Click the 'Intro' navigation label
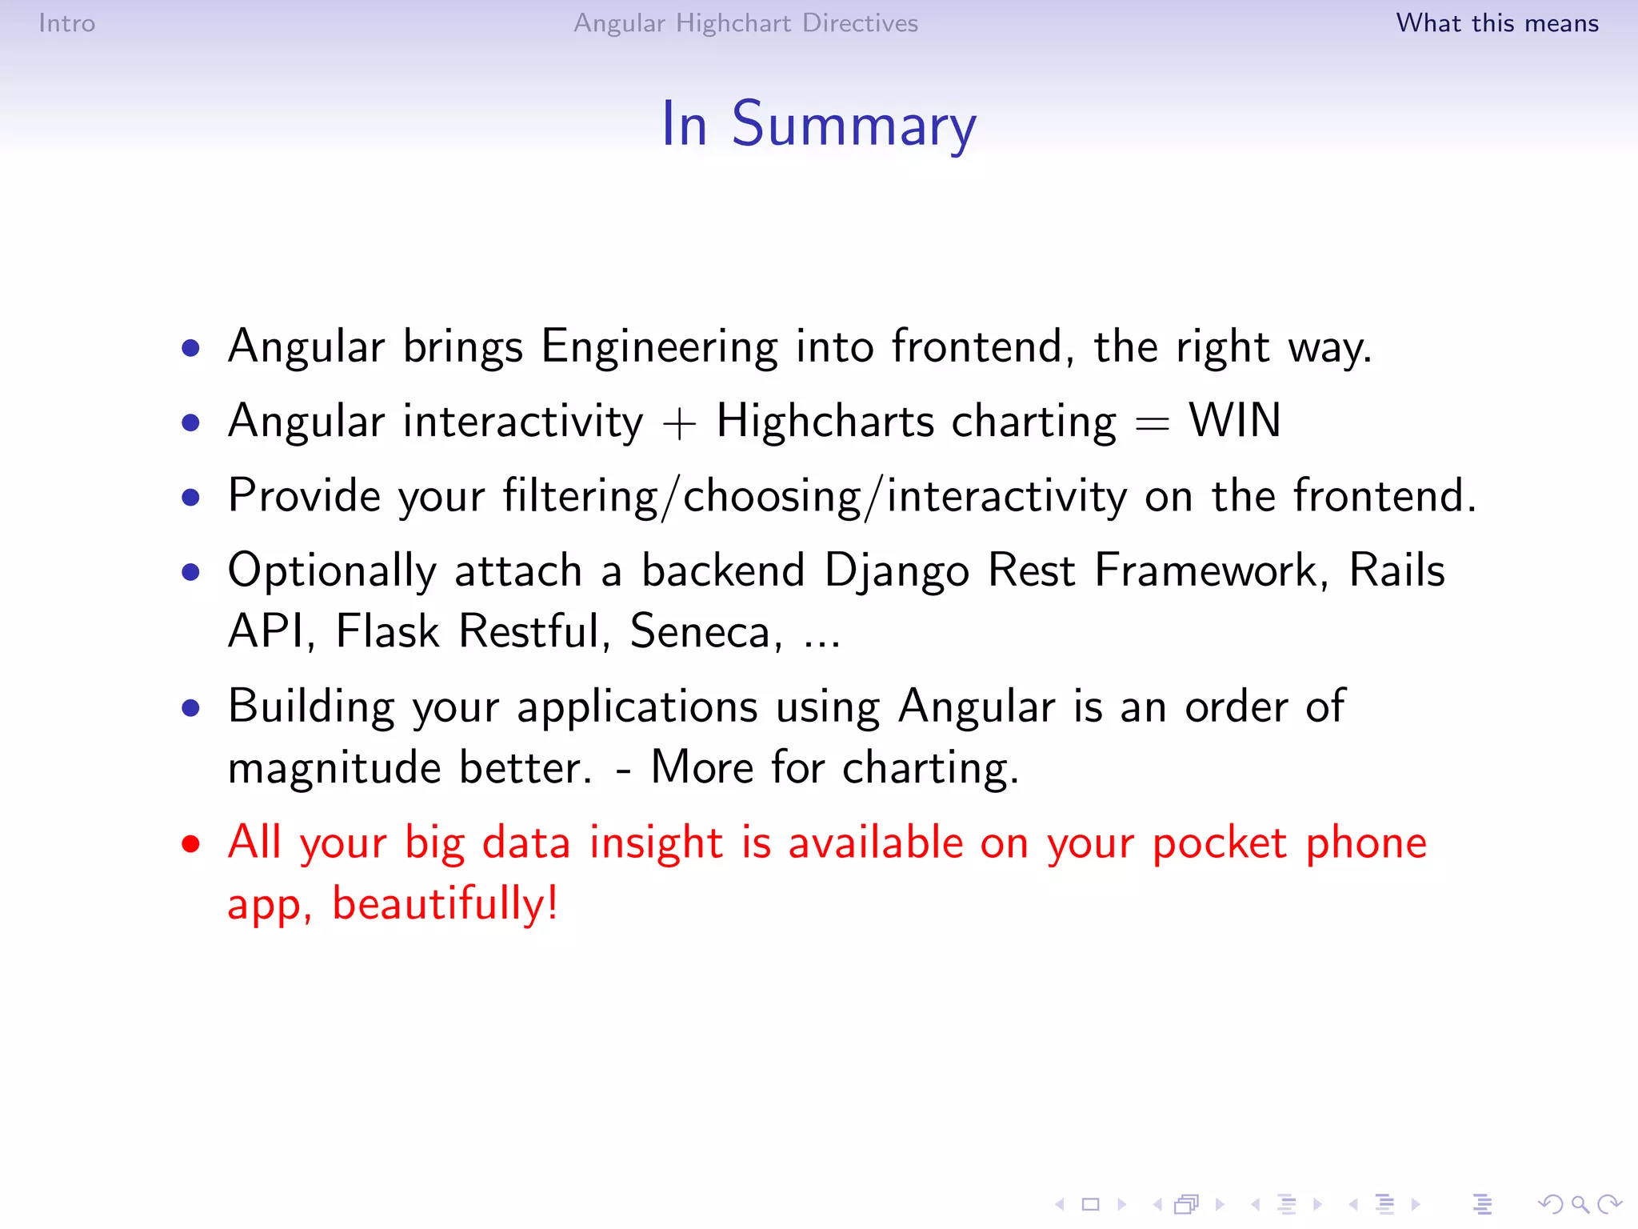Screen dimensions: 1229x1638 click(x=67, y=23)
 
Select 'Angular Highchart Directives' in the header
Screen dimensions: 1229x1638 click(x=745, y=23)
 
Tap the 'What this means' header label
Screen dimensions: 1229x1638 click(x=1496, y=23)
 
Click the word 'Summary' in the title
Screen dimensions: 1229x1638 click(x=853, y=126)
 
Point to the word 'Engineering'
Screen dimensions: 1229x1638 click(x=659, y=347)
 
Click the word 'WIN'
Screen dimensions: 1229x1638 click(x=1234, y=421)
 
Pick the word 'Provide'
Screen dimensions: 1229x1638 click(x=304, y=495)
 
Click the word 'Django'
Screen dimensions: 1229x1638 click(x=897, y=571)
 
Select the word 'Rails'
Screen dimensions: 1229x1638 click(x=1396, y=570)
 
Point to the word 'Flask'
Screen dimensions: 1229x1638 click(x=387, y=631)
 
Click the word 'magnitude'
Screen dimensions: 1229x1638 click(x=334, y=768)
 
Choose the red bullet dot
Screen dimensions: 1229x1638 click(x=190, y=844)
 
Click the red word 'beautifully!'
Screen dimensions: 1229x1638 click(x=445, y=905)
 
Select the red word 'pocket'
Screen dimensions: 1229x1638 click(x=1219, y=843)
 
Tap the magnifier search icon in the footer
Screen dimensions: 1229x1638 click(x=1579, y=1203)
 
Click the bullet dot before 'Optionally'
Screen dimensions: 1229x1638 click(x=190, y=572)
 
